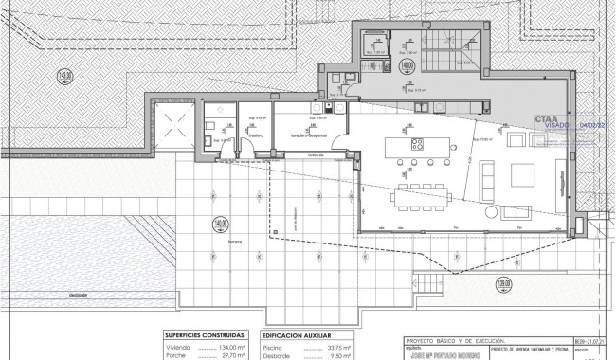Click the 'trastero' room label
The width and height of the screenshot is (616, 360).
(255, 135)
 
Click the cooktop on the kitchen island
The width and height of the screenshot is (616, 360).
(416, 146)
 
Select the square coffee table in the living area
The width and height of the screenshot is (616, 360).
(522, 175)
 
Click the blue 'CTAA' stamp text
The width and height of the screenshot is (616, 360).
(547, 119)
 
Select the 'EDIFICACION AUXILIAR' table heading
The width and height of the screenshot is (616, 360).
(300, 335)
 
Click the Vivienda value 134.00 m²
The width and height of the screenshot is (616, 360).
(228, 347)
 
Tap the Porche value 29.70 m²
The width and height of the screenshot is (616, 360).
(228, 356)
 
